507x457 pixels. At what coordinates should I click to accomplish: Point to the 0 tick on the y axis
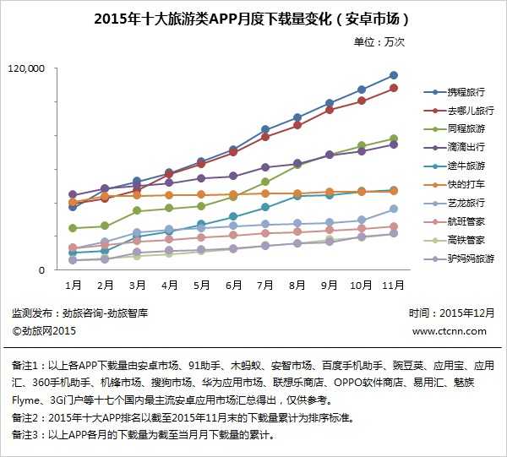51,269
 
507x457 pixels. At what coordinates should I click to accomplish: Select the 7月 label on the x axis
264,286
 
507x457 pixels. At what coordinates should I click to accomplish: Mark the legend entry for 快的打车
466,184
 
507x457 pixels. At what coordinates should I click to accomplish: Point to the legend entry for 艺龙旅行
466,203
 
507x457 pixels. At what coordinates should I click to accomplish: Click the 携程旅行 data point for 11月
393,75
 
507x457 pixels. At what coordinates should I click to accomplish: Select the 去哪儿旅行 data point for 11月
393,88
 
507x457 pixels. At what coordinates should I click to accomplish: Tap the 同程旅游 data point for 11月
393,139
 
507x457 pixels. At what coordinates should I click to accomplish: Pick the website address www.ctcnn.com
450,331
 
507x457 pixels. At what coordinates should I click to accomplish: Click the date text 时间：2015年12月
444,313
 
